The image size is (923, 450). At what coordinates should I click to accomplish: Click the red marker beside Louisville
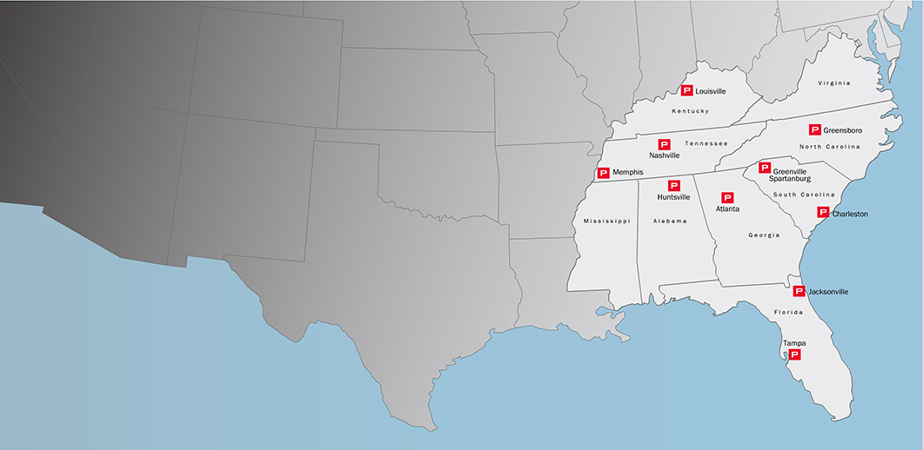[x=686, y=90]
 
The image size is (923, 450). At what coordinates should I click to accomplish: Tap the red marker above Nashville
[x=665, y=144]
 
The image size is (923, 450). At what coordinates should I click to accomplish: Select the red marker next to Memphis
[x=603, y=173]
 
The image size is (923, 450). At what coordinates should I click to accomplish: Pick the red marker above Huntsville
[x=673, y=185]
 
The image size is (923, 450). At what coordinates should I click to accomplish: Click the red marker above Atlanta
[x=728, y=197]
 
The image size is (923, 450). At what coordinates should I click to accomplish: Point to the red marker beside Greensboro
[x=815, y=129]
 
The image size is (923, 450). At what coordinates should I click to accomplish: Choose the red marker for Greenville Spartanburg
[x=765, y=168]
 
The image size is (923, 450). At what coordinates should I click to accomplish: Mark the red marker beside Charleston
[x=823, y=212]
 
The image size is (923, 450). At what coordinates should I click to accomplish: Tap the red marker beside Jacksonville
[x=799, y=291]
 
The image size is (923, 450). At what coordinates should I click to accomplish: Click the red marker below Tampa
[x=794, y=354]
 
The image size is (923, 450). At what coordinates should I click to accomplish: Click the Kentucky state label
[x=691, y=111]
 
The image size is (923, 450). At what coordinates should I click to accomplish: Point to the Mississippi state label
[x=605, y=222]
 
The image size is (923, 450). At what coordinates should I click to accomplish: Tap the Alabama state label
[x=670, y=222]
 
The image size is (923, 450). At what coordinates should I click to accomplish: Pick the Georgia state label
[x=764, y=235]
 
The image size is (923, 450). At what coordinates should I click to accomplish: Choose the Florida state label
[x=788, y=310]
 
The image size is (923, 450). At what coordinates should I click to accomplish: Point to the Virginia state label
[x=834, y=83]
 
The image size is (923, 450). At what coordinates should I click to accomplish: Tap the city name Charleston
[x=850, y=214]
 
